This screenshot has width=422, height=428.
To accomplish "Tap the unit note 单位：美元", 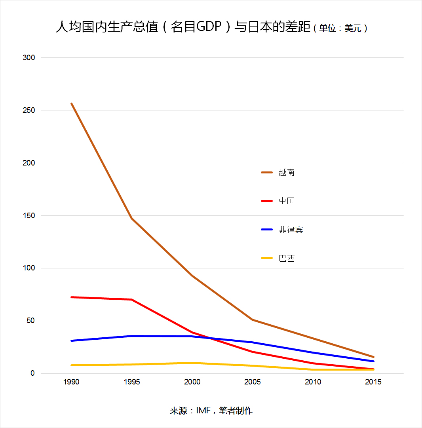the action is (340, 28).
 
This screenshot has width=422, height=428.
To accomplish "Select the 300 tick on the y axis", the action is (29, 57).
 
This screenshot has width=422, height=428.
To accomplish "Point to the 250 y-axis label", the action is (29, 110).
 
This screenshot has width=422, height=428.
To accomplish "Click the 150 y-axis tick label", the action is (29, 216).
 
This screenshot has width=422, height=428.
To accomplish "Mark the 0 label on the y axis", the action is (32, 373).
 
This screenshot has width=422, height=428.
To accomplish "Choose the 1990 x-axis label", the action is (71, 382).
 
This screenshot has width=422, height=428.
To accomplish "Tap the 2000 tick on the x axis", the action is (192, 382).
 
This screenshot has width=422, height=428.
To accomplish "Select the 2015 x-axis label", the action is (373, 382).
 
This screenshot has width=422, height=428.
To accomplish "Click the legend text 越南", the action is (287, 173).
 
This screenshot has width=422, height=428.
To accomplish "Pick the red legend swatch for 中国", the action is (267, 201).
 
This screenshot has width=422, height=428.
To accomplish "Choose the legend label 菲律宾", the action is (291, 230).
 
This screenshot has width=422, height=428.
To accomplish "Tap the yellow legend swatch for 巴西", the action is (267, 258).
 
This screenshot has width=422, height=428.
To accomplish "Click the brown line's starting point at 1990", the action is (72, 103).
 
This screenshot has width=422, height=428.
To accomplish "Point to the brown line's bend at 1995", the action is (132, 219).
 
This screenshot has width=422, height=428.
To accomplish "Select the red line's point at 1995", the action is (132, 299).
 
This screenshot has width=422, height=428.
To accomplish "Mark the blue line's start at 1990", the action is (72, 340).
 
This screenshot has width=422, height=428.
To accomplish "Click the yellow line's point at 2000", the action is (192, 363).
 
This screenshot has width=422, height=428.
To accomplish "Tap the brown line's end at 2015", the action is (373, 357).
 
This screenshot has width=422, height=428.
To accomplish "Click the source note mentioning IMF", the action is (211, 411).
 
